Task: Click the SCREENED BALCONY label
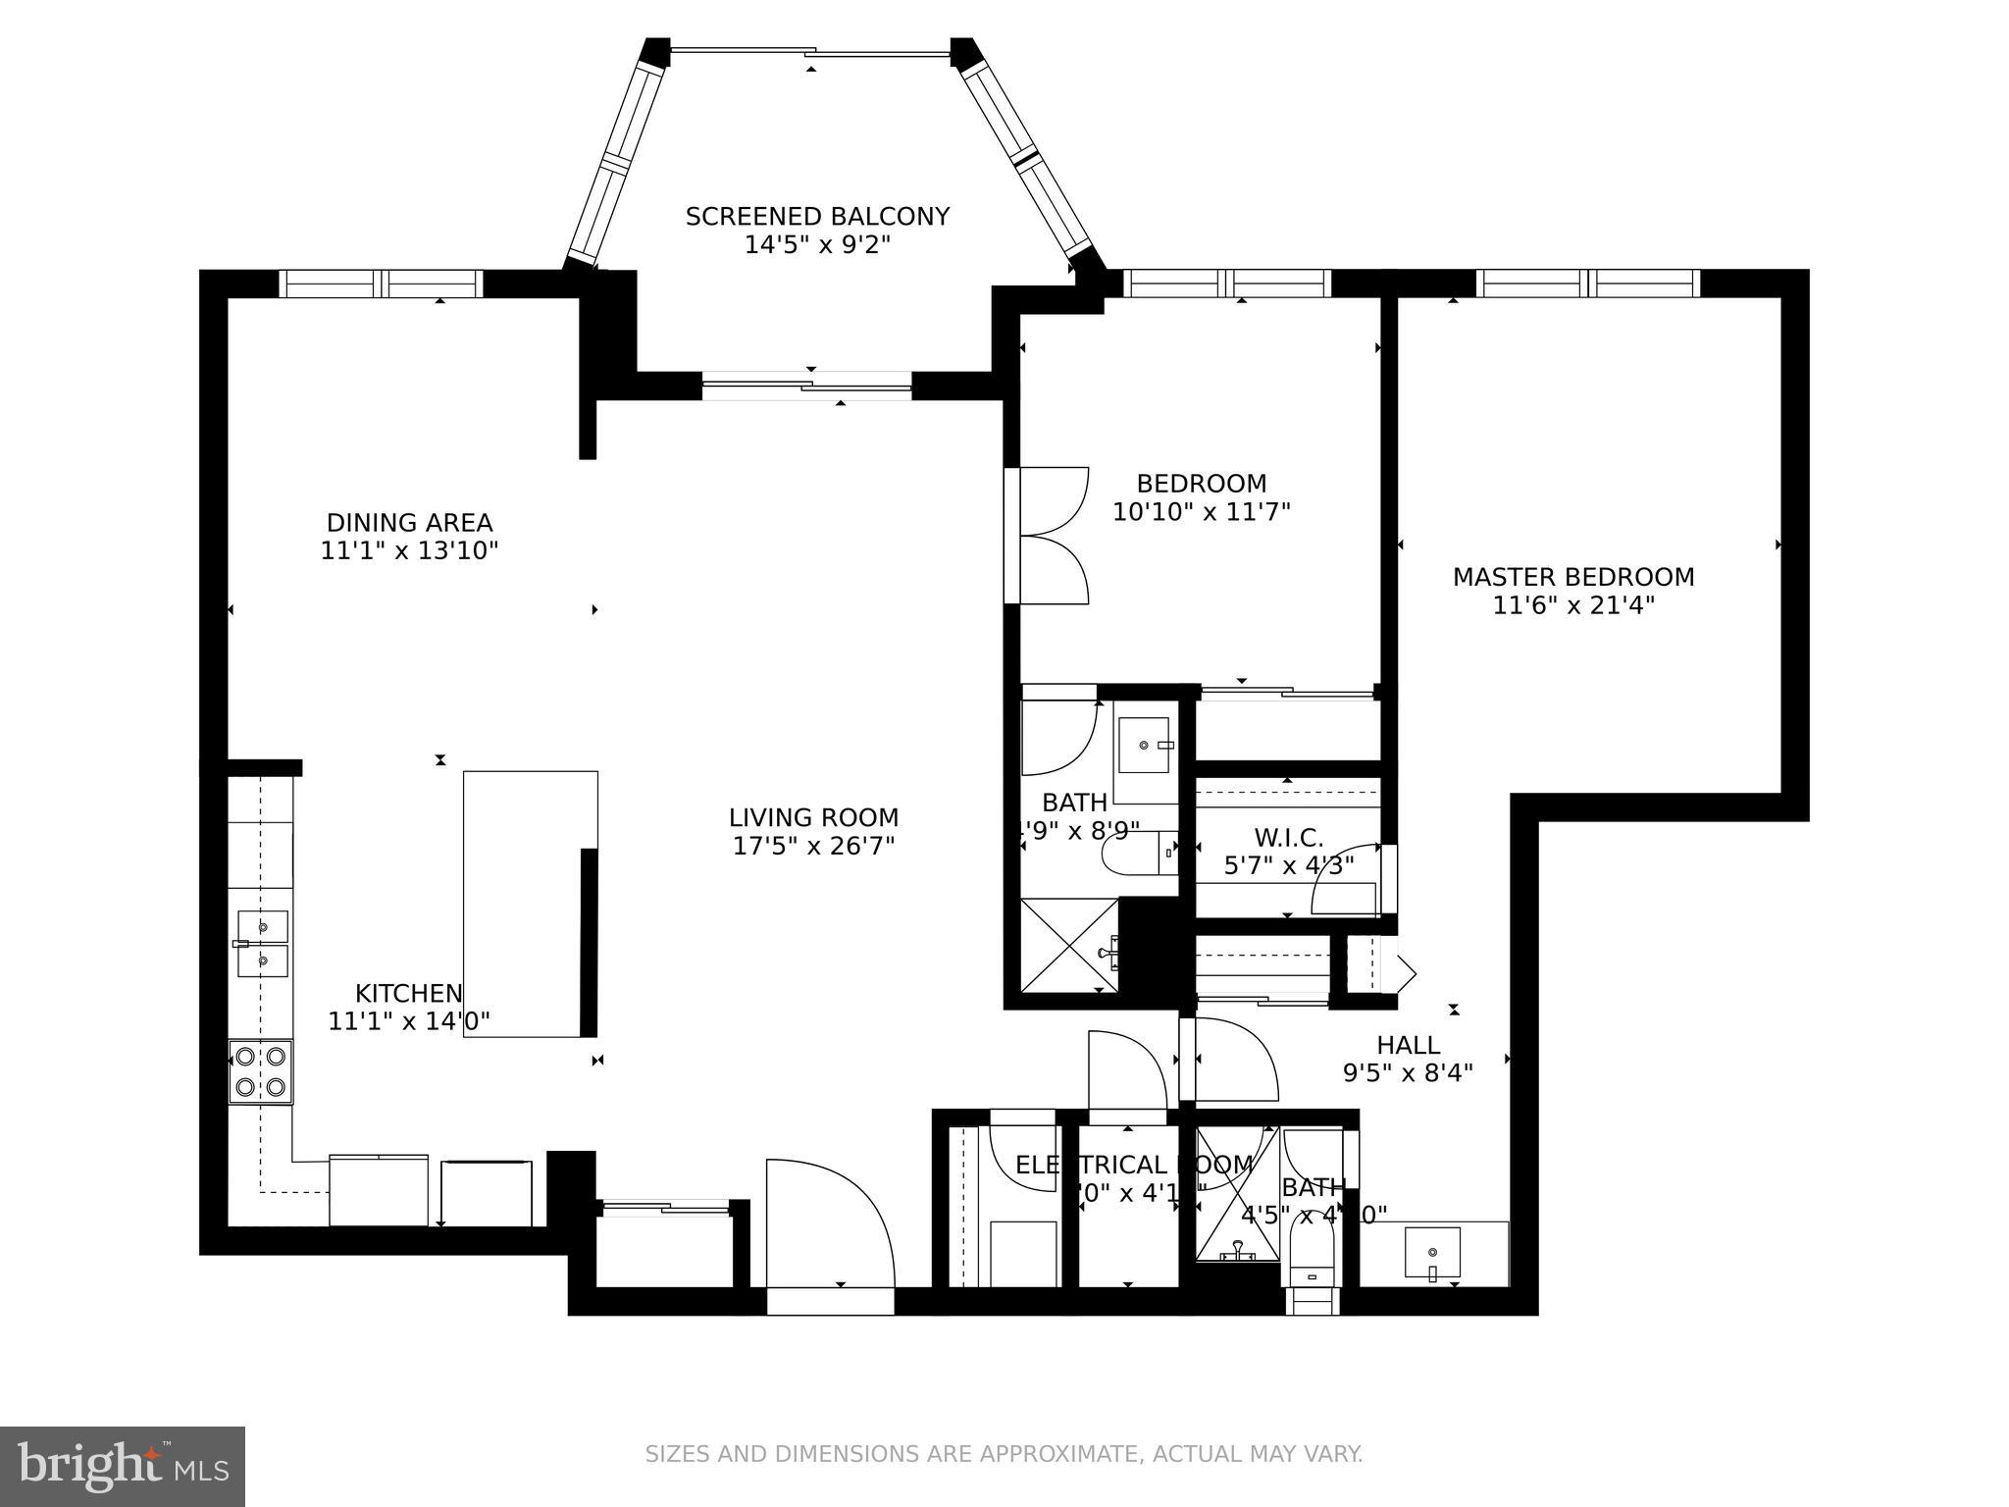click(817, 217)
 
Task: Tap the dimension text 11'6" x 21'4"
click(1572, 605)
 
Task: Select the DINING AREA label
click(409, 522)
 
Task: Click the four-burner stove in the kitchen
click(261, 1071)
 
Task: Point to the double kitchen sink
click(263, 943)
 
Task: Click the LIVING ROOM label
click(813, 817)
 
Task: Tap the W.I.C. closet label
click(1288, 838)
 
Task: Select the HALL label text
click(1408, 1045)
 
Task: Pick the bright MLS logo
click(123, 1466)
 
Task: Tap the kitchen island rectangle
click(530, 903)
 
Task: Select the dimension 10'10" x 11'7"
click(1201, 512)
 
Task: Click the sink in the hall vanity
click(1432, 1253)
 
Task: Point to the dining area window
click(381, 284)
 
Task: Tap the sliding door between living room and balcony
click(807, 386)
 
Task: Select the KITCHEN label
click(408, 992)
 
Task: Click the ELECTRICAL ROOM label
click(1133, 1165)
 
